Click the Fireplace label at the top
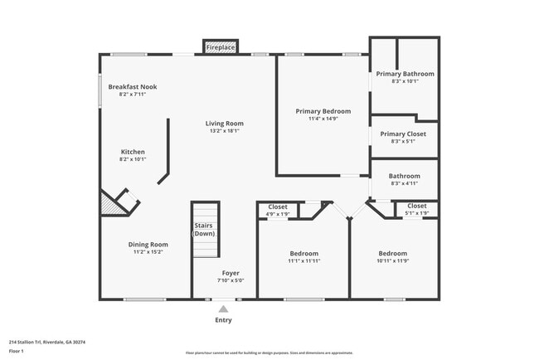(x=221, y=48)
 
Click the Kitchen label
(x=133, y=152)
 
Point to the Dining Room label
(x=148, y=244)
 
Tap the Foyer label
(x=230, y=272)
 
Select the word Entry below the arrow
(x=223, y=320)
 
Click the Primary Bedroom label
(x=323, y=111)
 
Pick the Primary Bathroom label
(x=405, y=74)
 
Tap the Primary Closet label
(x=403, y=134)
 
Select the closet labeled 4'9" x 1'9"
(x=278, y=210)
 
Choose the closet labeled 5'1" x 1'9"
(x=416, y=210)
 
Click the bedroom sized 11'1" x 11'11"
(x=303, y=257)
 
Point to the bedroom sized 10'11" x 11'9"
(x=393, y=257)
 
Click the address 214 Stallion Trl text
(x=47, y=342)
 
